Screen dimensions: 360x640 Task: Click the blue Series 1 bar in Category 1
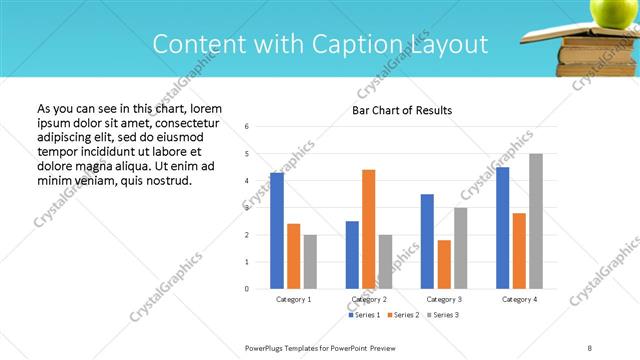tap(277, 231)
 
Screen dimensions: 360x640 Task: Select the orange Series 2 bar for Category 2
tap(369, 229)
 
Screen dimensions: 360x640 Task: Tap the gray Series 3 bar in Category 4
tap(536, 221)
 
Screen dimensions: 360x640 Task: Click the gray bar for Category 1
tap(310, 262)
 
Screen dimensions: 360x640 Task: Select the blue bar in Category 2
tap(352, 255)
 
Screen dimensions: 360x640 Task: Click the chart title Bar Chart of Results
tap(402, 110)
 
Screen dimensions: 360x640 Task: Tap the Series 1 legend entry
tap(363, 315)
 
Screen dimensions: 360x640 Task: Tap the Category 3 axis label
tap(444, 299)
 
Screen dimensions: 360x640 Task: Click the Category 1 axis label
tap(294, 299)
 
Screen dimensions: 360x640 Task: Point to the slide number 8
tap(590, 347)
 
